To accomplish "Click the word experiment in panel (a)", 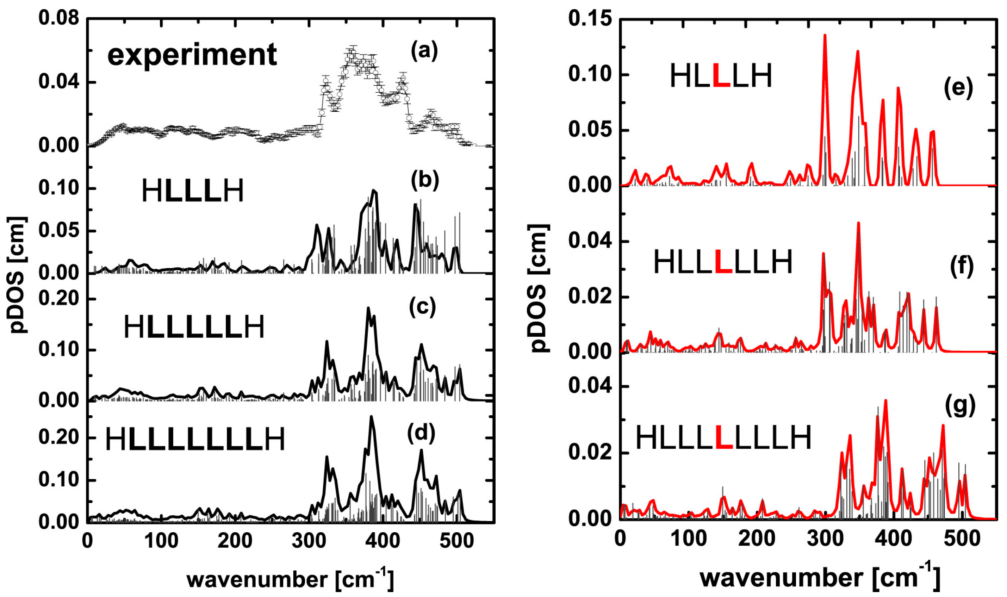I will tap(192, 55).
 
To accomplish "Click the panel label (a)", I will tap(424, 51).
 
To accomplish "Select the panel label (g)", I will tap(959, 406).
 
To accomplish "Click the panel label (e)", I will tap(958, 88).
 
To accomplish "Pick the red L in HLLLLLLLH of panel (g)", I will tap(724, 438).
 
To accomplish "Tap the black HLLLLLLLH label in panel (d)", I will tap(195, 439).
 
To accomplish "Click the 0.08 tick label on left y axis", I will tap(59, 19).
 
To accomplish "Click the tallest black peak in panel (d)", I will tap(371, 417).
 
